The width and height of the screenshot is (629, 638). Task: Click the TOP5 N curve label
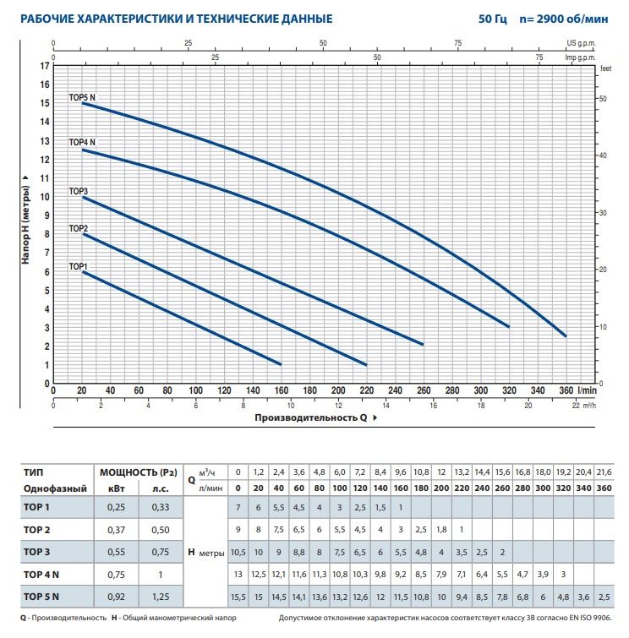point(82,97)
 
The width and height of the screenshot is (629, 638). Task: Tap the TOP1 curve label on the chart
point(78,266)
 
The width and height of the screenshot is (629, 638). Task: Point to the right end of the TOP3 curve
point(423,344)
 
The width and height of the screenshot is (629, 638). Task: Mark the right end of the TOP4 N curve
point(508,326)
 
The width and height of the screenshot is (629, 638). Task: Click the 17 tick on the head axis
point(45,66)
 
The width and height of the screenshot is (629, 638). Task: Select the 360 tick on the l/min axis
point(566,390)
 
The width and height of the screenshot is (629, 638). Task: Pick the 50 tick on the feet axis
point(603,99)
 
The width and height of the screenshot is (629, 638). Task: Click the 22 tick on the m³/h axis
point(576,406)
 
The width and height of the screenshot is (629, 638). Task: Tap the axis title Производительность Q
point(311,418)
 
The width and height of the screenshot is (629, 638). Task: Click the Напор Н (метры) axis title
point(25,225)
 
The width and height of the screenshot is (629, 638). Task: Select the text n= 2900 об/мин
point(564,19)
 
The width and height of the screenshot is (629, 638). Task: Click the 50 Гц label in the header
point(493,19)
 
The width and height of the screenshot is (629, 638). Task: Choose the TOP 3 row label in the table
point(36,552)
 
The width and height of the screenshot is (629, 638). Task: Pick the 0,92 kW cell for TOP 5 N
point(116,597)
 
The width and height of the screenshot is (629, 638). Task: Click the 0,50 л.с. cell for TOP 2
point(161,530)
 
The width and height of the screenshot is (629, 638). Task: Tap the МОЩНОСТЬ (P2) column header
point(139,472)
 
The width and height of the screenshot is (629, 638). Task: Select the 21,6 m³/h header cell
point(604,472)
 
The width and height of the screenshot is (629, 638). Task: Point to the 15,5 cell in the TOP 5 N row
point(238,597)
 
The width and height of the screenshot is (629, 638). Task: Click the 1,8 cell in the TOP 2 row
point(441,530)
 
